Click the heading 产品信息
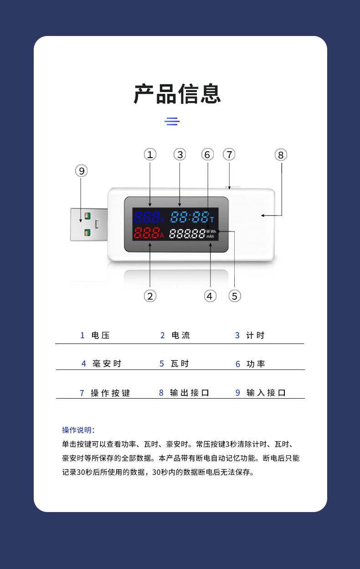tap(177, 94)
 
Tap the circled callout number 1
tap(150, 154)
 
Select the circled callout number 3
tap(180, 154)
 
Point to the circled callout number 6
tap(207, 155)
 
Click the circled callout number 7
tap(229, 154)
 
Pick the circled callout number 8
tap(281, 155)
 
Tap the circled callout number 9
tap(81, 171)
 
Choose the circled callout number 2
tap(150, 296)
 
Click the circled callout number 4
tap(209, 296)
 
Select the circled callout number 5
tap(235, 296)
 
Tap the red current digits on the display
tap(145, 234)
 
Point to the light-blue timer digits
tap(189, 217)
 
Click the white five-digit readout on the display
tap(187, 234)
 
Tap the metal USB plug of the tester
tap(88, 224)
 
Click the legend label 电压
tap(101, 335)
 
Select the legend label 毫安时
tap(107, 364)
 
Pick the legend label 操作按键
tap(110, 393)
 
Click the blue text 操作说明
tap(78, 430)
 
